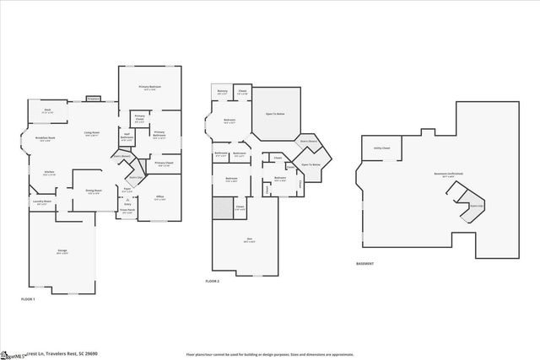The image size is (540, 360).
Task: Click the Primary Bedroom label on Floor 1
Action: pos(150,88)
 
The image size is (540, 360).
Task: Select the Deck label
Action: pos(48,110)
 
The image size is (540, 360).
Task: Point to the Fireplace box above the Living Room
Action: pos(94,99)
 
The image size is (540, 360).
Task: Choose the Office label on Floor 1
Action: pos(160,197)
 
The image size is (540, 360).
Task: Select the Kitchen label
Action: pos(49,172)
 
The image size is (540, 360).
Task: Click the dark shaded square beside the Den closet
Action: pos(221,207)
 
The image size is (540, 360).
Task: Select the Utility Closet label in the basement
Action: pos(381,148)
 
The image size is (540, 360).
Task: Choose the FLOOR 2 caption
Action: pos(212,281)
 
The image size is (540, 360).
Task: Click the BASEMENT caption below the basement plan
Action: pos(365,264)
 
